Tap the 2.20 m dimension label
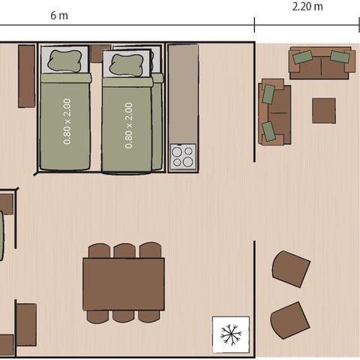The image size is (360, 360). coord(307,7)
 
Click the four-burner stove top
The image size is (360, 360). coord(183,157)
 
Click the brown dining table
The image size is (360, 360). coord(124,283)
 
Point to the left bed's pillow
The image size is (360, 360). coord(64,61)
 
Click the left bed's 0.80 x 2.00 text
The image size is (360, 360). coord(67,124)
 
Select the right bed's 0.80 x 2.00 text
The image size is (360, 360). coord(128,124)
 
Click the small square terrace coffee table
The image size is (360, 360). coord(324,110)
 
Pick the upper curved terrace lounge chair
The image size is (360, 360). coord(291,268)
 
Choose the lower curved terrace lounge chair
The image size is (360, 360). coord(289,320)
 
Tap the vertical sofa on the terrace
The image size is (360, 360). coord(274,112)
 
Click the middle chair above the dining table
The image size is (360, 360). coord(124,250)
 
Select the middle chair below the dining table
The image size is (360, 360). coord(124,316)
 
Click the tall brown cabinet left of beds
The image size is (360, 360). coord(26,76)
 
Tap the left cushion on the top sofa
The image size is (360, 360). coord(303,57)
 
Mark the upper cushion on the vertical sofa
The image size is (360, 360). coord(268,94)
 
